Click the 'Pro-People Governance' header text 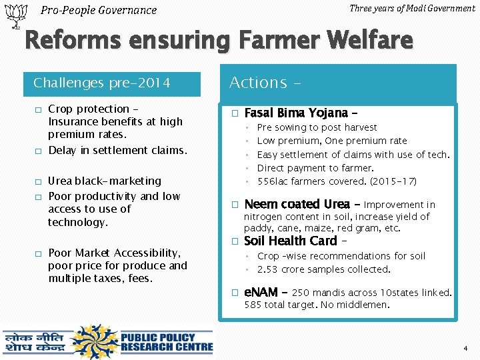point(99,10)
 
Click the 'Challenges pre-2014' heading point(102,83)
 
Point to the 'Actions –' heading point(265,83)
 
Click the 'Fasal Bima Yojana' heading point(296,113)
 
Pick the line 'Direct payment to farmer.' point(315,168)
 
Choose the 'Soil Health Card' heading point(291,241)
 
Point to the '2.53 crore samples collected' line point(323,269)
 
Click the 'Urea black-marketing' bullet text point(105,181)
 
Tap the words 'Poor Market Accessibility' point(114,253)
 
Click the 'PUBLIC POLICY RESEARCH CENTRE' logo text point(167,342)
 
